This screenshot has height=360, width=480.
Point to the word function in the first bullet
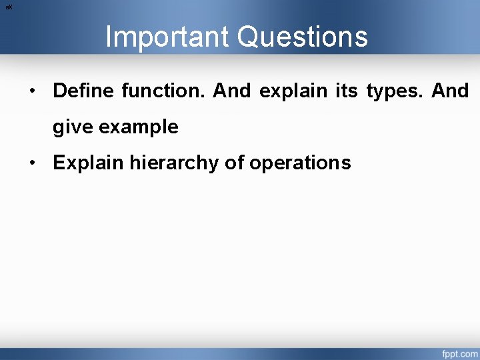[164, 91]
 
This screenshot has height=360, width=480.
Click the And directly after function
[232, 91]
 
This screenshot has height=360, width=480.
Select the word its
[346, 91]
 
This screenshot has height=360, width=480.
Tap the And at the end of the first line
[450, 91]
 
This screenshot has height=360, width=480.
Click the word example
[139, 127]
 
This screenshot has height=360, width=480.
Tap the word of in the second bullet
[234, 163]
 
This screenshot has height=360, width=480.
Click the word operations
[300, 163]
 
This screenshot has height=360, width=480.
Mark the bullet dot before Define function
[32, 91]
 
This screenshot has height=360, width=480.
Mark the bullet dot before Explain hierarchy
[32, 163]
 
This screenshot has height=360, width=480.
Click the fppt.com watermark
[459, 353]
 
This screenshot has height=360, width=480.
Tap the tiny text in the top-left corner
[9, 7]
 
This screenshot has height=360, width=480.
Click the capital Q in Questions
[249, 37]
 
